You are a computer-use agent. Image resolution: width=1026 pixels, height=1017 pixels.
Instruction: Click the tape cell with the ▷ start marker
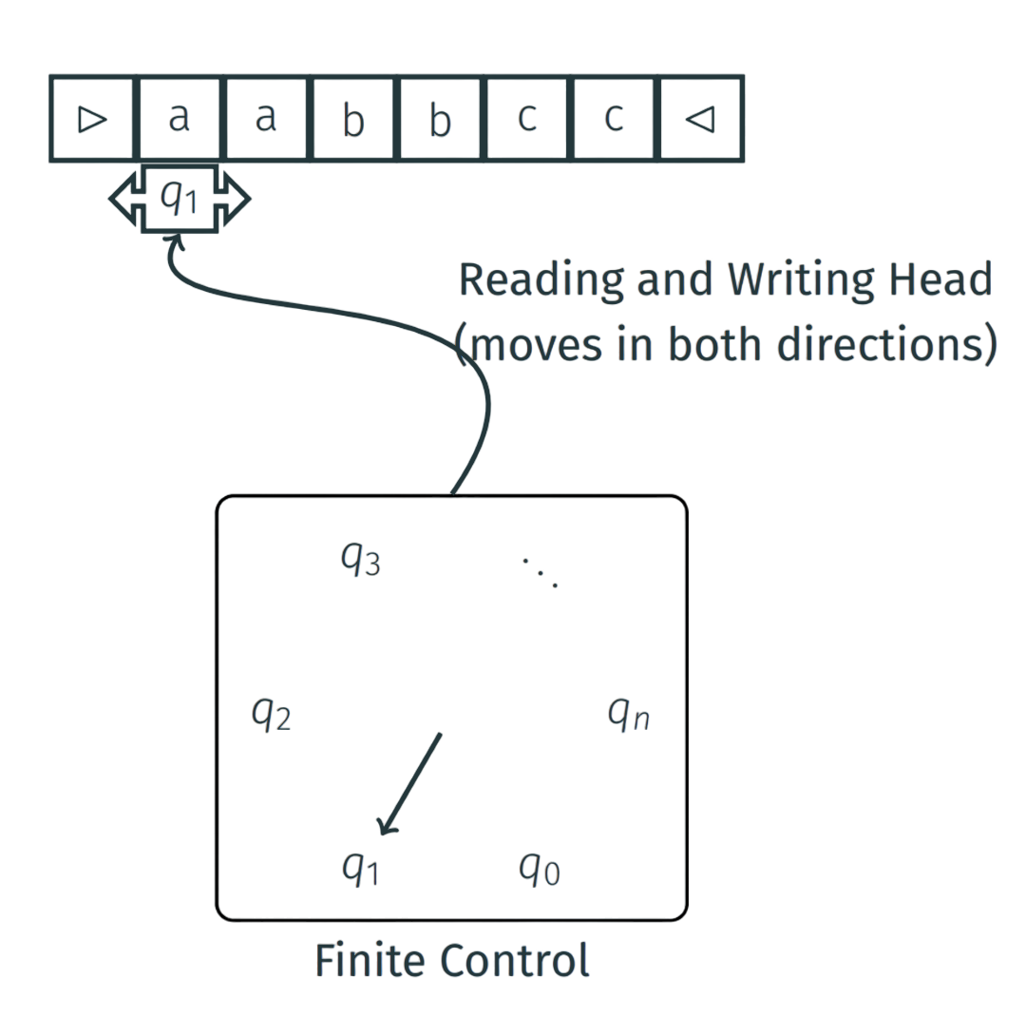92,119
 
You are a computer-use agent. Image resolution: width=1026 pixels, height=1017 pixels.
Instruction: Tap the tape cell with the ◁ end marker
701,119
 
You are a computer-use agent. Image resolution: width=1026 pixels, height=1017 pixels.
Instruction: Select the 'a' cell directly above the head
180,119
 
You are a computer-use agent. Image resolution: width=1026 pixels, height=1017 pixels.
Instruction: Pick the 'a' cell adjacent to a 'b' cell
267,119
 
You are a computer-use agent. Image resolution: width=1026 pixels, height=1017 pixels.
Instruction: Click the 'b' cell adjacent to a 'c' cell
441,119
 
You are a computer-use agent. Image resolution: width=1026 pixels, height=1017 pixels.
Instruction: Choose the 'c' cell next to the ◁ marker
615,119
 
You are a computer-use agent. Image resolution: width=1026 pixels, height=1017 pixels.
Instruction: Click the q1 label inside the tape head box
179,198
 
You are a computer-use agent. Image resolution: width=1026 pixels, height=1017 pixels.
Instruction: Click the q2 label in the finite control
271,714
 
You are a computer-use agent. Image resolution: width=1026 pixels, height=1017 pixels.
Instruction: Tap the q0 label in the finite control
539,868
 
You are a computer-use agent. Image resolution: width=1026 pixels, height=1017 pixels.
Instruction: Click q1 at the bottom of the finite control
360,868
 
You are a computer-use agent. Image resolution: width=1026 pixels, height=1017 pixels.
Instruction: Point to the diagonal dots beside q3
540,569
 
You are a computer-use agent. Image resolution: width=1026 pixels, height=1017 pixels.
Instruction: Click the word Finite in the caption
370,961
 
